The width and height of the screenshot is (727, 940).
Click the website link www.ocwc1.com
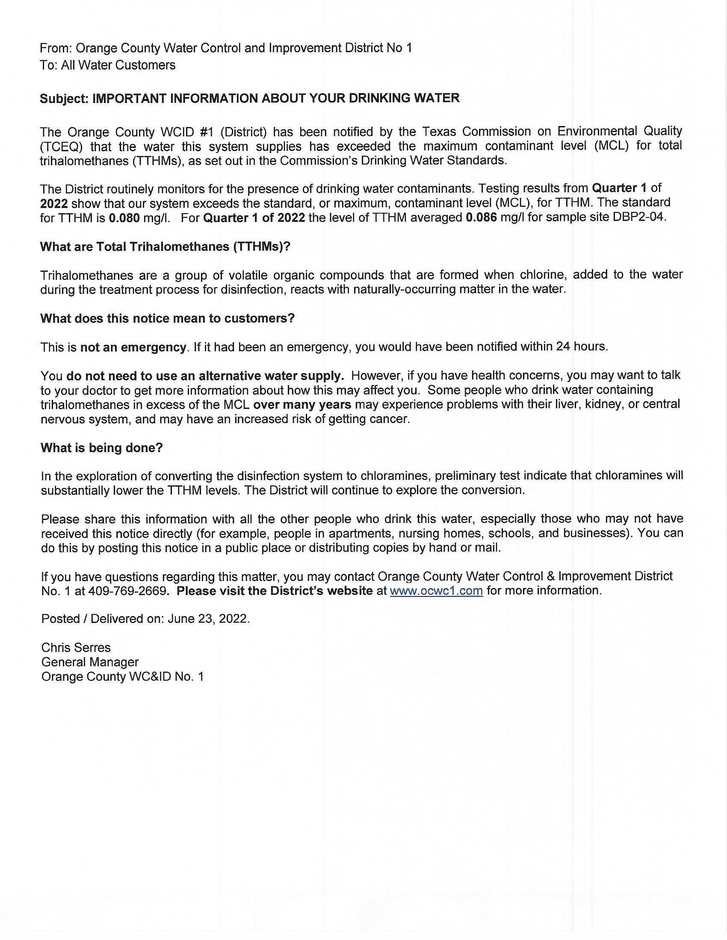(436, 590)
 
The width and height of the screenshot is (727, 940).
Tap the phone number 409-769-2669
(127, 590)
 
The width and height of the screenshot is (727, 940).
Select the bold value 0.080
(124, 218)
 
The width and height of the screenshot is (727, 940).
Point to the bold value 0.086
(481, 218)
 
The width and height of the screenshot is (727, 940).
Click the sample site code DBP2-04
(639, 217)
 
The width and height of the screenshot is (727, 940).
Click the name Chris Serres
(76, 647)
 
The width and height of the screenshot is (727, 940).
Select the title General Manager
(89, 662)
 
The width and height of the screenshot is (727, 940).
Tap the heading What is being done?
(102, 448)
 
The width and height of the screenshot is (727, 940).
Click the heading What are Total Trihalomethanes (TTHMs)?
(165, 247)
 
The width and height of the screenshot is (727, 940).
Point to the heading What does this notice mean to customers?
(167, 318)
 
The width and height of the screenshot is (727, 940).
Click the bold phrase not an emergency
(133, 347)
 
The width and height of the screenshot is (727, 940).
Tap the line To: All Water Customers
(108, 65)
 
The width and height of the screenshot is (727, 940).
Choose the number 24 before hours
(563, 347)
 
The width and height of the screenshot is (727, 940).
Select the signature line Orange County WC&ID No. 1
(122, 677)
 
